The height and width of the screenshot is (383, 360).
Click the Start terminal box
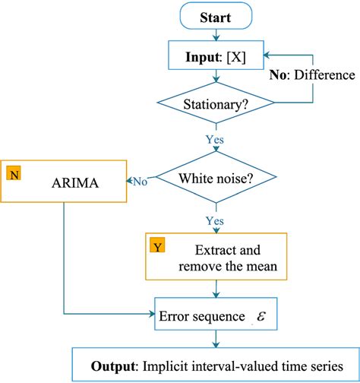coord(217,16)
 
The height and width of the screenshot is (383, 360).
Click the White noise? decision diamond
coord(217,180)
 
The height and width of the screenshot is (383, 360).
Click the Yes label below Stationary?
coord(215,140)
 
